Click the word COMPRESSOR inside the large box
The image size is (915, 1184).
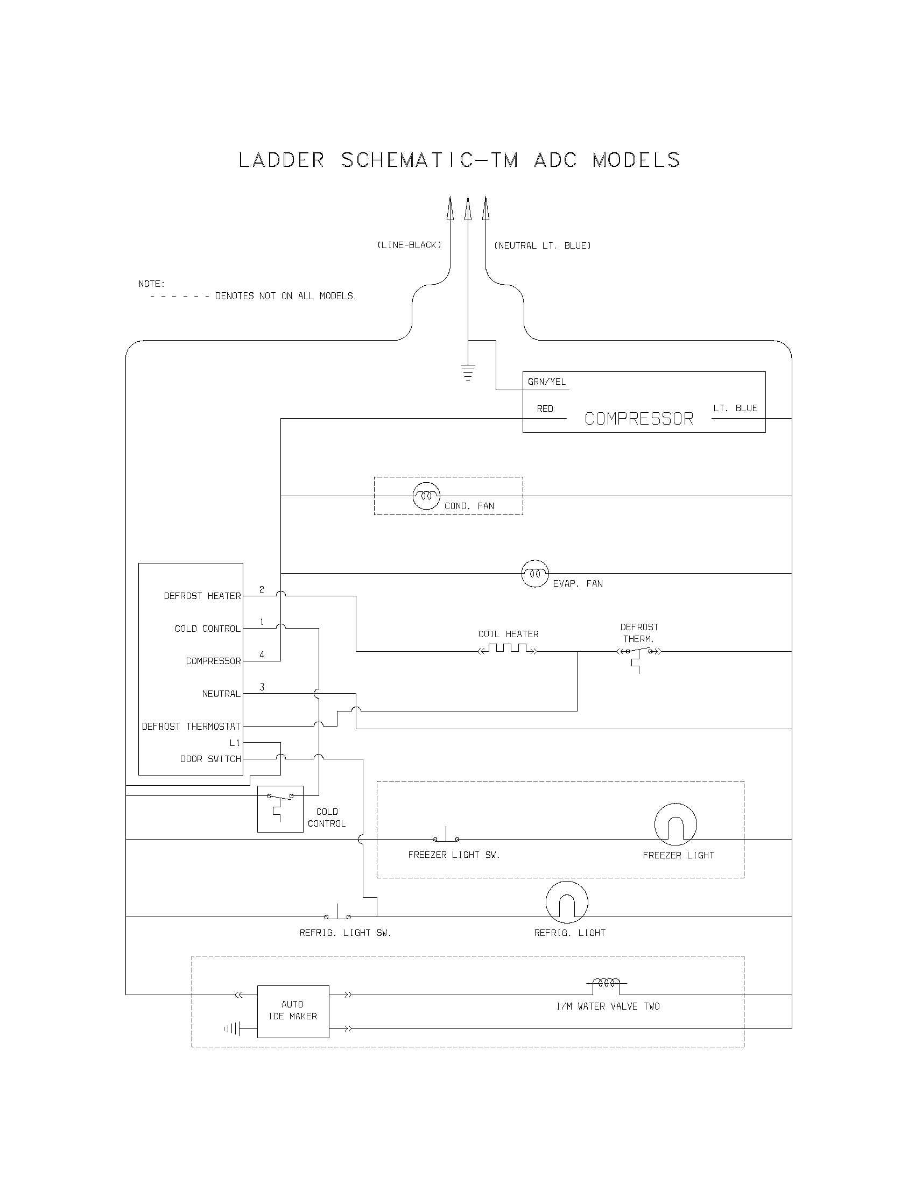pyautogui.click(x=638, y=419)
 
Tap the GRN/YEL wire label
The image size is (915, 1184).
pyautogui.click(x=546, y=382)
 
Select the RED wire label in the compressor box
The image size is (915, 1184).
pyautogui.click(x=545, y=409)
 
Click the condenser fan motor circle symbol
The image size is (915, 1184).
pyautogui.click(x=427, y=496)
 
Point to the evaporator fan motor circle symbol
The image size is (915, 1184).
pyautogui.click(x=535, y=573)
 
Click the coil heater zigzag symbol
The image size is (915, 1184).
pyautogui.click(x=508, y=649)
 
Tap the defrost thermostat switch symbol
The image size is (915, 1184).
pyautogui.click(x=638, y=653)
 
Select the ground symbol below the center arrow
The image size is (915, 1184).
pyautogui.click(x=468, y=373)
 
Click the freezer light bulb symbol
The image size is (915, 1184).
pyautogui.click(x=675, y=824)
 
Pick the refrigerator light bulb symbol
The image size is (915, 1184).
pyautogui.click(x=566, y=902)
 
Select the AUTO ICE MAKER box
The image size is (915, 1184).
pyautogui.click(x=293, y=1011)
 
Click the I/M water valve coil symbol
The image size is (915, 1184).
pyautogui.click(x=606, y=983)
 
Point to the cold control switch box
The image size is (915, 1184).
pyautogui.click(x=280, y=808)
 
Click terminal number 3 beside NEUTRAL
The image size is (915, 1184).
pyautogui.click(x=262, y=687)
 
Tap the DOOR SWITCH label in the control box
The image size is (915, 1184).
pyautogui.click(x=210, y=759)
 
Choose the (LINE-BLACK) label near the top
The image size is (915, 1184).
pyautogui.click(x=409, y=245)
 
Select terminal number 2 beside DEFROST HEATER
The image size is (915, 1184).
pyautogui.click(x=262, y=589)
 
